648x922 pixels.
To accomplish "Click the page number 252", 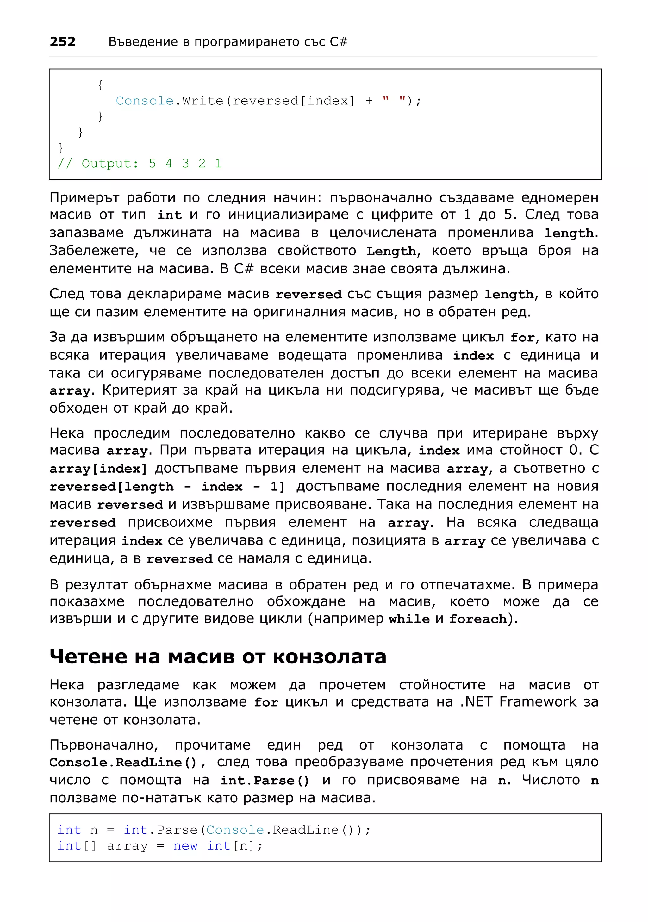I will [x=63, y=41].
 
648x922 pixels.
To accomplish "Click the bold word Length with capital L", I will [x=391, y=251].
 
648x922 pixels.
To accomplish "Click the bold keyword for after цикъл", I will [x=522, y=338].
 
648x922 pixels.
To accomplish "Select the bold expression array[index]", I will [x=98, y=469].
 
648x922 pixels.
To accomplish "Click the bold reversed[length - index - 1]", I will [x=167, y=487].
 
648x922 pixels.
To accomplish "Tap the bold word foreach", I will [x=478, y=619].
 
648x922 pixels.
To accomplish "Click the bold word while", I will [x=409, y=619].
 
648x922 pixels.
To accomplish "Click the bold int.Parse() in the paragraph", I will [x=265, y=781].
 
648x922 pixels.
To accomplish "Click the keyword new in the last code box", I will [x=185, y=846].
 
